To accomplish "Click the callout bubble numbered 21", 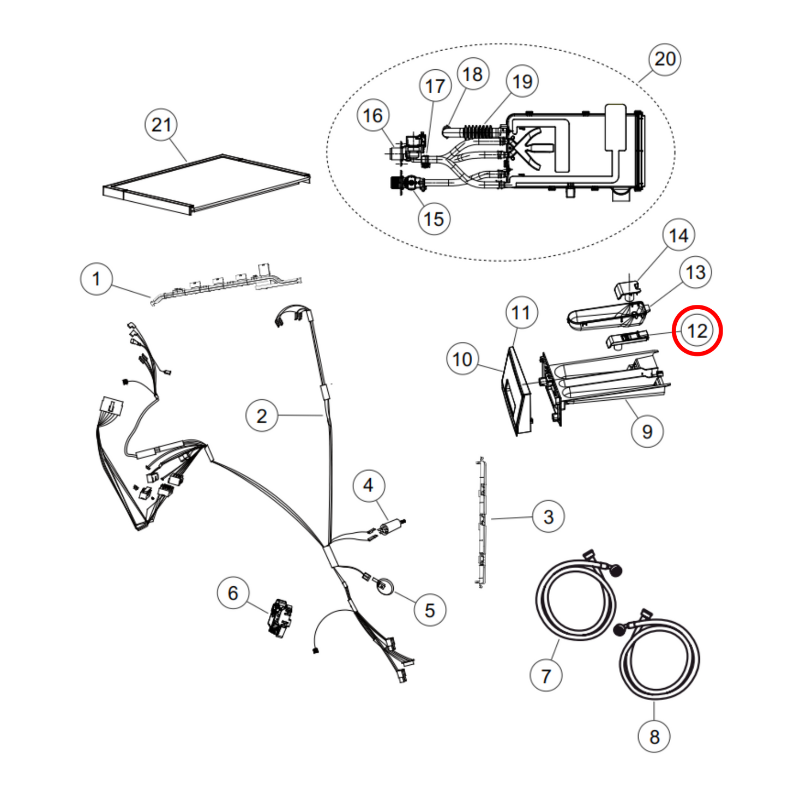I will (161, 125).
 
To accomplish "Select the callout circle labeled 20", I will (665, 59).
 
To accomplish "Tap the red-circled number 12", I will (697, 331).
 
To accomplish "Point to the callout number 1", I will (97, 279).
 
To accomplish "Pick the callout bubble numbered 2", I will (262, 416).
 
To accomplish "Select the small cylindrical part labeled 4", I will (389, 527).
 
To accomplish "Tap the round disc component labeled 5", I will (385, 586).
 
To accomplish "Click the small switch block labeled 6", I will (281, 618).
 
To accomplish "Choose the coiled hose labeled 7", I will (575, 600).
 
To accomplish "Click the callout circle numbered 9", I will (647, 431).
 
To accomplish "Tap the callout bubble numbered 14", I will (678, 236).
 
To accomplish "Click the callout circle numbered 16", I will (373, 116).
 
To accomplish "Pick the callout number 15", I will (434, 219).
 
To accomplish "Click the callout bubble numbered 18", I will (473, 74).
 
